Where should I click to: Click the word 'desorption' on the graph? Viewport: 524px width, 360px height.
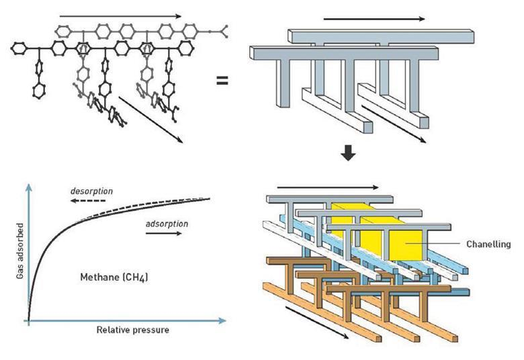(x=92, y=191)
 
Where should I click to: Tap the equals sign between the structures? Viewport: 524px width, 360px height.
(x=221, y=81)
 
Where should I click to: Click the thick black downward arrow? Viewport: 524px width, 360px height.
(x=347, y=153)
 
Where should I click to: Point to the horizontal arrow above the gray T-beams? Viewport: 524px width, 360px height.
(x=367, y=19)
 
